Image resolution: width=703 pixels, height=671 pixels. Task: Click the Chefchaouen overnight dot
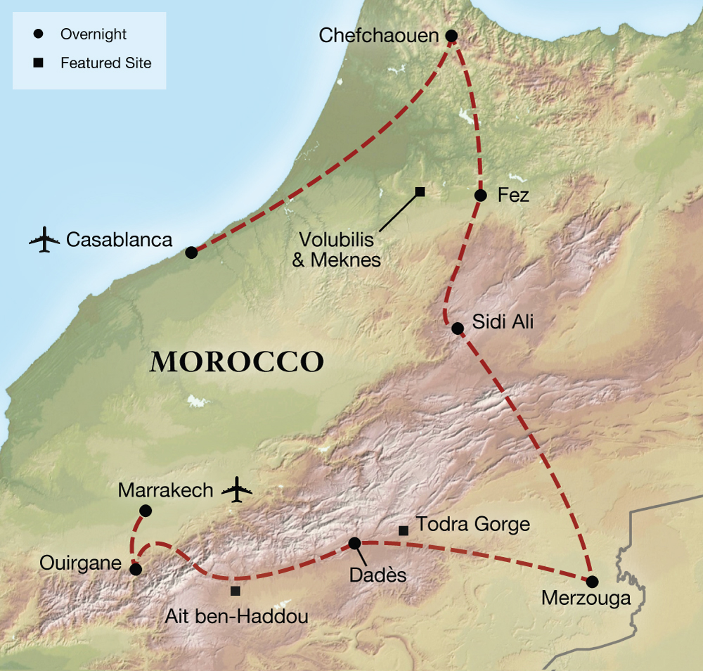coord(451,36)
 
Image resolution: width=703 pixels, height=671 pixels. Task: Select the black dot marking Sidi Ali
coord(457,328)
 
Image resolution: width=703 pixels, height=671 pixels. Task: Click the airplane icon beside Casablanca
coord(44,240)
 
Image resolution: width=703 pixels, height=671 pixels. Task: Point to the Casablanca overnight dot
coord(191,253)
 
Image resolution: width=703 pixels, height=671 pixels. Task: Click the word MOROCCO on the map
coord(237,362)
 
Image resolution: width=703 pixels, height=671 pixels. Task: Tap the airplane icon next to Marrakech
coord(236,490)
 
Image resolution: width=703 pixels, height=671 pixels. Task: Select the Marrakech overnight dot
coord(146,510)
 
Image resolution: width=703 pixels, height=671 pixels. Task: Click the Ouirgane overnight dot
coord(136,569)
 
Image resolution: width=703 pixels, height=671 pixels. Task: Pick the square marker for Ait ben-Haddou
coord(235,591)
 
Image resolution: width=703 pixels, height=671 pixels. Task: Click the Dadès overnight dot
coord(354,543)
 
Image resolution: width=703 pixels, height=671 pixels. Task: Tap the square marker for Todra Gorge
coord(404,530)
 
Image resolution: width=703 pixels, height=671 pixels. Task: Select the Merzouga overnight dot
coord(592,582)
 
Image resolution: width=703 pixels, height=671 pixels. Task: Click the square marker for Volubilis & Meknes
coord(420,192)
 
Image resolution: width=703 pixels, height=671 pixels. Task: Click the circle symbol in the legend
coord(39,34)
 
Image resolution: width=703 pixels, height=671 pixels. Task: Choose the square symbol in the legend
coord(39,63)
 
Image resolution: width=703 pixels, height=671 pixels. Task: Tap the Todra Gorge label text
coord(472,524)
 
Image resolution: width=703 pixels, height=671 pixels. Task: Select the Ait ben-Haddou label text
coord(237,617)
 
